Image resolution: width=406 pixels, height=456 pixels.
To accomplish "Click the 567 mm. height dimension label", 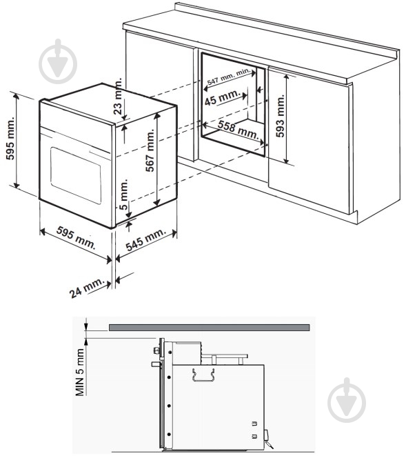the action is coord(150,150).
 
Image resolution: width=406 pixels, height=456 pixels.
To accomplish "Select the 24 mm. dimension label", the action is coord(87,287).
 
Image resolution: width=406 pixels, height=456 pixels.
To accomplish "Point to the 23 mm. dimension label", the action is coord(118,97).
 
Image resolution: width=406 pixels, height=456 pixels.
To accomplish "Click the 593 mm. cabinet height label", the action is coord(280,116).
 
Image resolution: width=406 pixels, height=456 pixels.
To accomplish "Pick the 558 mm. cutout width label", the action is coord(238,130).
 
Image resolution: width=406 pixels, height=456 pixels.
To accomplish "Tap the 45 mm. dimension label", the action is coord(223,97).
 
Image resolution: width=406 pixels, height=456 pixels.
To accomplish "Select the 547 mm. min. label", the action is coord(228,77).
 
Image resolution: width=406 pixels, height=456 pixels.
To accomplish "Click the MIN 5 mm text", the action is coord(80,372).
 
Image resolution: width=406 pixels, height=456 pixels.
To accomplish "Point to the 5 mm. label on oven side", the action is coord(123,195).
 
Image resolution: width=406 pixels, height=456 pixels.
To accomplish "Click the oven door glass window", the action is coord(76,176).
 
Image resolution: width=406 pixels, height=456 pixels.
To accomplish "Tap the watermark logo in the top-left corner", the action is coord(58,61).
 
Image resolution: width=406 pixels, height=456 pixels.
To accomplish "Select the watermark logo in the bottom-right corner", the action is coord(347,400).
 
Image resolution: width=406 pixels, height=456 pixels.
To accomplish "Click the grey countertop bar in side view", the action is coord(210,328).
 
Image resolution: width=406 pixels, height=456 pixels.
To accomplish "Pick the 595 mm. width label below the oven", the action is coord(76,237).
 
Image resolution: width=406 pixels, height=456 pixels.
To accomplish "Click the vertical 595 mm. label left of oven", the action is coord(10,139).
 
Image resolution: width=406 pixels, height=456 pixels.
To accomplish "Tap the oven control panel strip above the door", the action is coord(76,121).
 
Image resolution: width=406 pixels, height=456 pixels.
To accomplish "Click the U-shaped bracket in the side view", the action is coord(203,375).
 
